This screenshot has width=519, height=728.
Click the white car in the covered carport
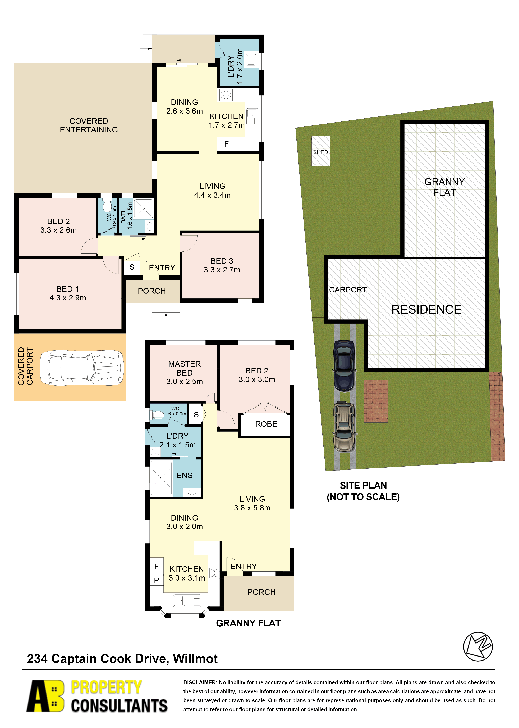82,368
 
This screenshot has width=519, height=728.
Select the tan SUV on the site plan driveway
344,427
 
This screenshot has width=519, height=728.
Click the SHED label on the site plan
320,152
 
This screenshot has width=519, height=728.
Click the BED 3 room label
222,265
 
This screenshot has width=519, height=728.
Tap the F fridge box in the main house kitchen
226,144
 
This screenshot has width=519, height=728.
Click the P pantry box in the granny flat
156,580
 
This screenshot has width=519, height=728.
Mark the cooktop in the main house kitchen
226,95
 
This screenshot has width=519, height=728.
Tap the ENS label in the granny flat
184,475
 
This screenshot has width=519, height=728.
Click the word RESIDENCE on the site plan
426,309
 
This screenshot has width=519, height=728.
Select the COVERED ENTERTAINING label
89,125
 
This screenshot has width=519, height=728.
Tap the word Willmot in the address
195,659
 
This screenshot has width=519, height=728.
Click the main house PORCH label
152,291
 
